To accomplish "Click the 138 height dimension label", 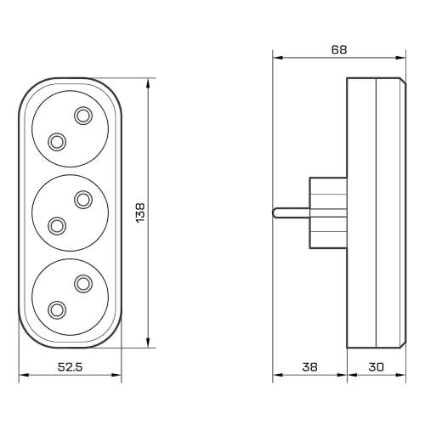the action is pyautogui.click(x=140, y=213).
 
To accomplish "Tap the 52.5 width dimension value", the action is pyautogui.click(x=70, y=367).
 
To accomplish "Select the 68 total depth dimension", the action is pyautogui.click(x=339, y=50).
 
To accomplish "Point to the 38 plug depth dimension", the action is pyautogui.click(x=309, y=367).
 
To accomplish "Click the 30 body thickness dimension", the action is pyautogui.click(x=377, y=367).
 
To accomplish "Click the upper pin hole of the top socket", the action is pyautogui.click(x=83, y=116).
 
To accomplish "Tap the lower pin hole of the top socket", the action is pyautogui.click(x=57, y=142).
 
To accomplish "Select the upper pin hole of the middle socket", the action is pyautogui.click(x=83, y=200).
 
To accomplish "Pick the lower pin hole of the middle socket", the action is pyautogui.click(x=57, y=226).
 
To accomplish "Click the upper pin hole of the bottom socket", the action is pyautogui.click(x=83, y=284).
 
